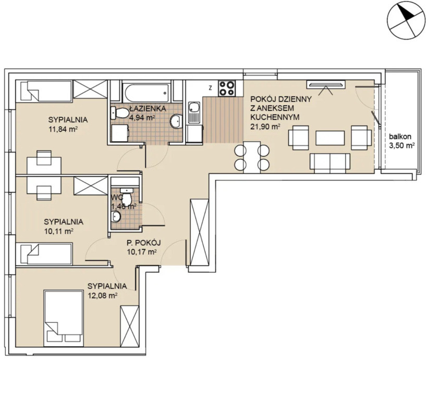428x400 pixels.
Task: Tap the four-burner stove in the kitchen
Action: (227, 88)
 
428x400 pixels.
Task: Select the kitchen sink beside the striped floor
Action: (194, 113)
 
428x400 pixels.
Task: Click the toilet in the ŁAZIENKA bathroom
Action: (120, 113)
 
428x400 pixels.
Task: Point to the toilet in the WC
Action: (127, 197)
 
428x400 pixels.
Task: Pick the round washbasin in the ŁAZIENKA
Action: (176, 121)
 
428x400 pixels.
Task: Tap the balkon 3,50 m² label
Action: (400, 141)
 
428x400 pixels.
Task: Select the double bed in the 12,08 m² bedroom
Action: (64, 318)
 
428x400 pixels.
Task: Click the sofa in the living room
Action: (330, 163)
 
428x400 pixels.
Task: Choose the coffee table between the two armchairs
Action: (330, 137)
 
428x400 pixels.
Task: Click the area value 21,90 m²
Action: (265, 126)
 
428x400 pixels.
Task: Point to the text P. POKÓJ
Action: (143, 242)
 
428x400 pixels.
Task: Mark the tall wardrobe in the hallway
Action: (199, 232)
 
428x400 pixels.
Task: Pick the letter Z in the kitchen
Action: (210, 88)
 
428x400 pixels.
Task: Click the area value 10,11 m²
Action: (59, 231)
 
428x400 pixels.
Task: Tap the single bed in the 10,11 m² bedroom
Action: (44, 254)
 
